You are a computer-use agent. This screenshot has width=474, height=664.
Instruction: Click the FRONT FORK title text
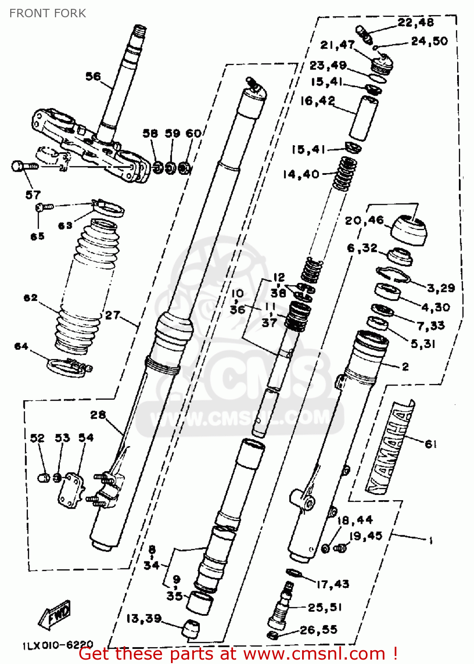point(47,13)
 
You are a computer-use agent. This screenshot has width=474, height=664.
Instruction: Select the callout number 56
point(93,77)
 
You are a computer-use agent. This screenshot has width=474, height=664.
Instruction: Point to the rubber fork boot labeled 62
point(86,288)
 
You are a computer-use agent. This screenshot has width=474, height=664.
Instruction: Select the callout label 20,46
point(364,220)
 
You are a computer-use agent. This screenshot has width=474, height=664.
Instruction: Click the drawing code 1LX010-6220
point(58,645)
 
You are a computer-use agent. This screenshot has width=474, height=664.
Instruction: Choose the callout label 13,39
point(144,618)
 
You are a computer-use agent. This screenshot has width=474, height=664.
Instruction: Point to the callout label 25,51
point(325,607)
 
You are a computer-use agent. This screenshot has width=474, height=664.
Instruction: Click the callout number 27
point(113,315)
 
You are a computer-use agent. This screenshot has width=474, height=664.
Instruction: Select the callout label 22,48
point(415,22)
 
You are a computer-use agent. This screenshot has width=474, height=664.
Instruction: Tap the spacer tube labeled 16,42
point(363,118)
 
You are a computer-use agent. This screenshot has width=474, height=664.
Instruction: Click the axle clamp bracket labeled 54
point(70,489)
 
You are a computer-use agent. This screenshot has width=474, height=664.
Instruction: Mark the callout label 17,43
point(333,584)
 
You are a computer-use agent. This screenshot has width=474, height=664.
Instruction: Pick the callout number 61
point(431,444)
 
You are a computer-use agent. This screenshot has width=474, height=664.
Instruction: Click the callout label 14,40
point(301,174)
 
